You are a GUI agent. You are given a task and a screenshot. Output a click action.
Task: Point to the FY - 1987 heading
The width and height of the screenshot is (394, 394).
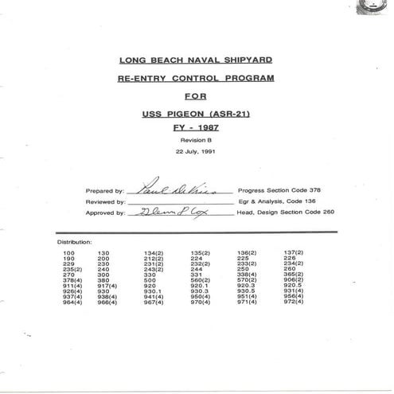tap(196, 127)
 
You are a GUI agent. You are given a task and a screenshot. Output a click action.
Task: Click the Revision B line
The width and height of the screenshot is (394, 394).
tap(196, 139)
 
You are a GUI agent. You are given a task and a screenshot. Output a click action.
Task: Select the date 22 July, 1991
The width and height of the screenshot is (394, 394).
tap(196, 150)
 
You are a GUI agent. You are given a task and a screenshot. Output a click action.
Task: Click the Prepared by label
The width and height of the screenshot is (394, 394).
tap(103, 192)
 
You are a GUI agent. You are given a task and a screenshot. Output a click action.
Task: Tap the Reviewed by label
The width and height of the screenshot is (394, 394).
tap(103, 202)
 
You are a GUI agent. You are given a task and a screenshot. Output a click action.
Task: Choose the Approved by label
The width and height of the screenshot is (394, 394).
tap(103, 213)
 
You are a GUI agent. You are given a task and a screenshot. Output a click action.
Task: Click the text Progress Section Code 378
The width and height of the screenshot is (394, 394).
tap(282, 192)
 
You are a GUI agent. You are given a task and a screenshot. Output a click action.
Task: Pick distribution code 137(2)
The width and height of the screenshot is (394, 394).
tap(294, 252)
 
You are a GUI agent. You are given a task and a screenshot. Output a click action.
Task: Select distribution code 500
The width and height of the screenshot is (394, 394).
tap(150, 280)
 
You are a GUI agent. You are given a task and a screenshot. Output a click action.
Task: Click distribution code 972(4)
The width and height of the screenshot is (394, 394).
tap(294, 302)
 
